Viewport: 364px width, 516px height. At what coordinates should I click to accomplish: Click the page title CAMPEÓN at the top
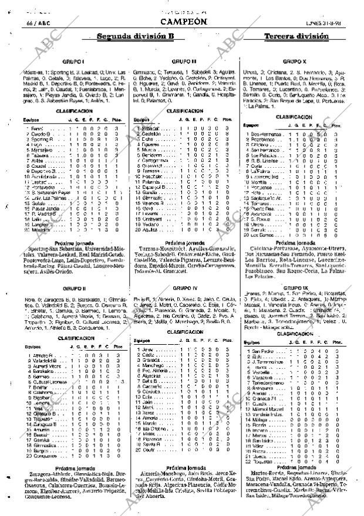[x=183, y=22]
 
